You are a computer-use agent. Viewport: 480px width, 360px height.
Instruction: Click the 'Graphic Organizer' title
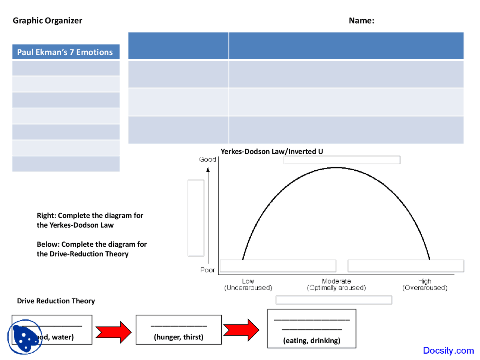point(47,21)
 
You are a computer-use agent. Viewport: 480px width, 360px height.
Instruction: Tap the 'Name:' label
point(361,21)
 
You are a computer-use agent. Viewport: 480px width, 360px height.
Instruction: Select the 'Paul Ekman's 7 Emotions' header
point(65,52)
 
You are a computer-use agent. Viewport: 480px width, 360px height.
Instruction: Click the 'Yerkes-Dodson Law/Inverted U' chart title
point(271,151)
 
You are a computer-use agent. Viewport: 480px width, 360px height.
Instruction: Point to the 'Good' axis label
point(207,159)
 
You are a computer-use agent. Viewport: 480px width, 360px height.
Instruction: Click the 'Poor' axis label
point(207,270)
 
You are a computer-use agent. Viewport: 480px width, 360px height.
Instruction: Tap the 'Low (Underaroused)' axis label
point(248,285)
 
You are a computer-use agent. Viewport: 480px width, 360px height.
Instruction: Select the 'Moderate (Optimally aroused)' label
point(336,285)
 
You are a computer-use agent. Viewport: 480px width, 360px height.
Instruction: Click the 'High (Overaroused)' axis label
point(424,285)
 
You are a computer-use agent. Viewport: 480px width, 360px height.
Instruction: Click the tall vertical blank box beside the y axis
point(196,218)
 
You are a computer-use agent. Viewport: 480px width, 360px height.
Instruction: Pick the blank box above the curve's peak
point(342,160)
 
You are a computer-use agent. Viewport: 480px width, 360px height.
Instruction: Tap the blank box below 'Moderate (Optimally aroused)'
point(334,300)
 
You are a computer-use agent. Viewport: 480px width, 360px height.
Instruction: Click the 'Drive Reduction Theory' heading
point(56,301)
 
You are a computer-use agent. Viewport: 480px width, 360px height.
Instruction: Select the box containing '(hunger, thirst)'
point(178,330)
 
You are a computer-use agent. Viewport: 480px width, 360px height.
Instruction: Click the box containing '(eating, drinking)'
point(312,329)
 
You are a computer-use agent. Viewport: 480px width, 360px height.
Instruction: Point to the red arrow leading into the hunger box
point(114,332)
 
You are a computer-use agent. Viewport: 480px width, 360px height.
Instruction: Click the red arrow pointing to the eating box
point(241,330)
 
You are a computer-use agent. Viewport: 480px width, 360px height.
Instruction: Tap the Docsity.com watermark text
point(448,350)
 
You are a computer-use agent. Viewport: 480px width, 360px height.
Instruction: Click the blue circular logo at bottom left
point(25,337)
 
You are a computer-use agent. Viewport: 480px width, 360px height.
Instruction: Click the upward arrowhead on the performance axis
point(208,170)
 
